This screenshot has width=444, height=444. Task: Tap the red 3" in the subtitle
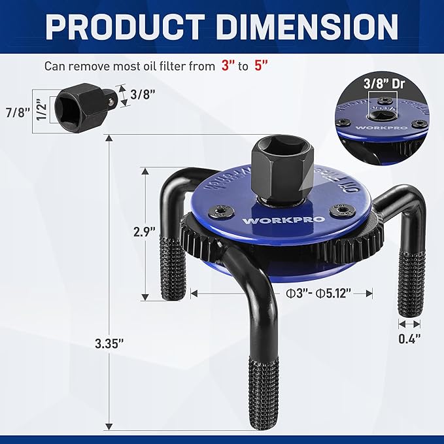(x=228, y=66)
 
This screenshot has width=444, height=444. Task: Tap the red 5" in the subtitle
(x=262, y=66)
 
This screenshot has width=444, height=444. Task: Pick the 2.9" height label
(x=145, y=231)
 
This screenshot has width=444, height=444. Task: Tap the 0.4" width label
(x=409, y=338)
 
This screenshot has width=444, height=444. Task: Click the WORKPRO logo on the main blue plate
(x=274, y=220)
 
